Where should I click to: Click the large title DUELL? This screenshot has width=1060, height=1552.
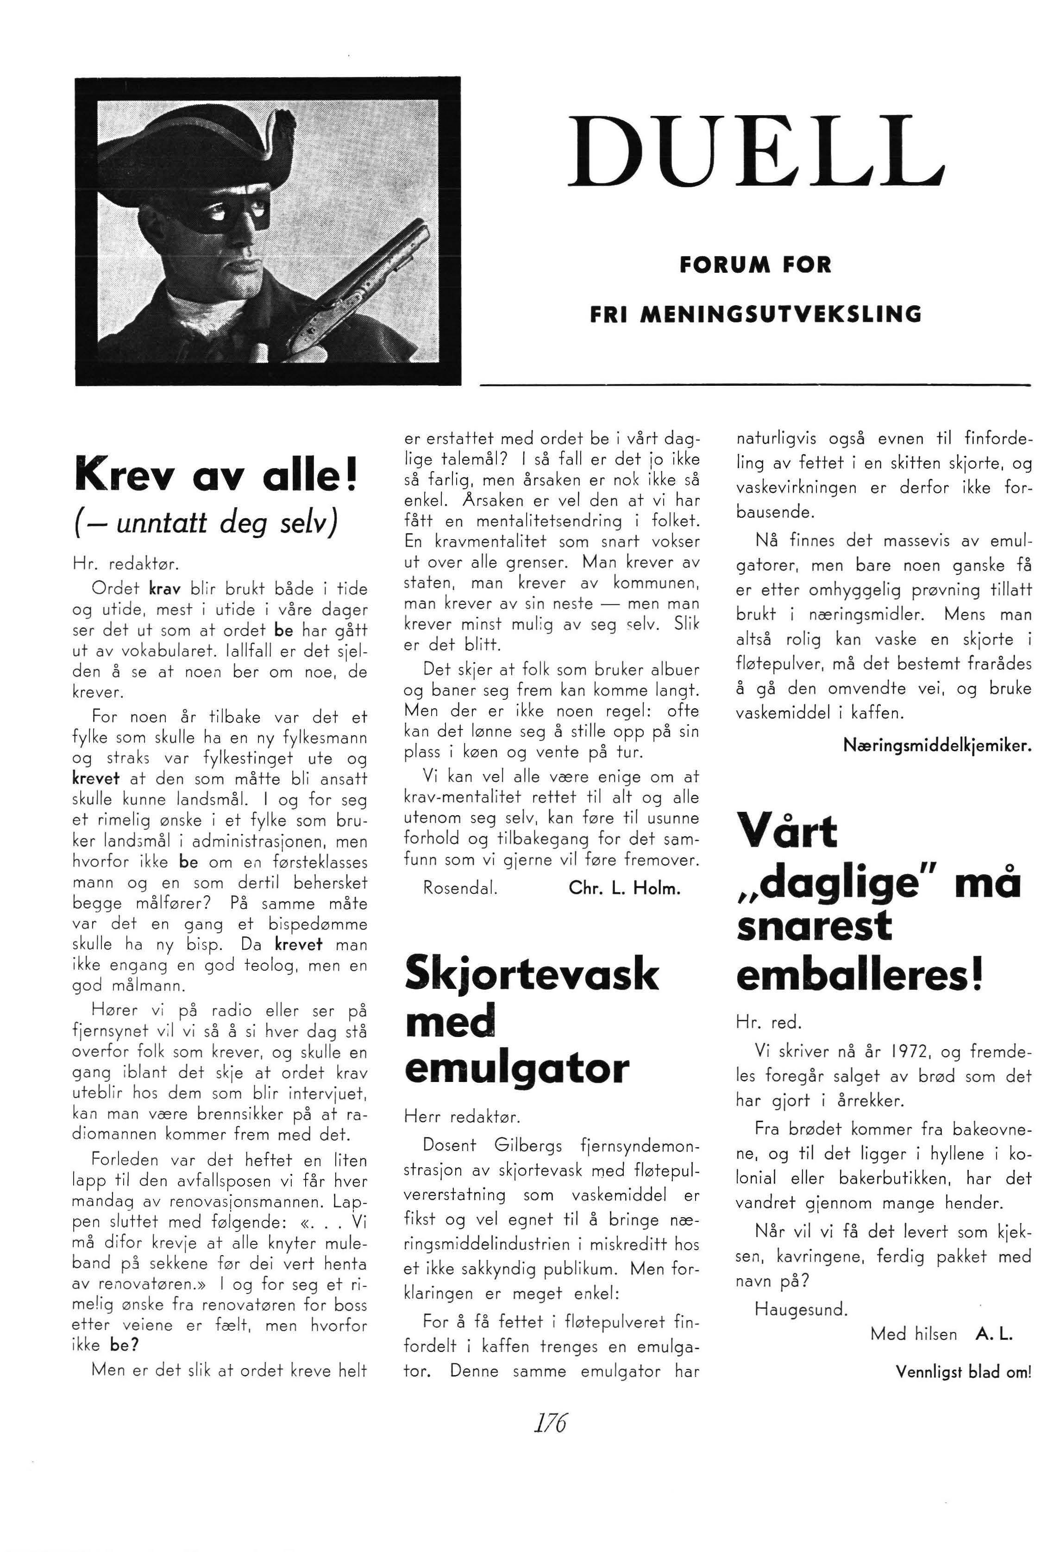tap(755, 152)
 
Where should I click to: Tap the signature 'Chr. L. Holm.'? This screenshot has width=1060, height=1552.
tap(625, 888)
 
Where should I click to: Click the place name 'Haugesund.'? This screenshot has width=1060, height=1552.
tap(800, 1309)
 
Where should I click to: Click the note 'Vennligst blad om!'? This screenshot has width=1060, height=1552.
tap(963, 1372)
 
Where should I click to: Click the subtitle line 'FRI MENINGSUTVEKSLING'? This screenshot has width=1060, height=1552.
tap(755, 314)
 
